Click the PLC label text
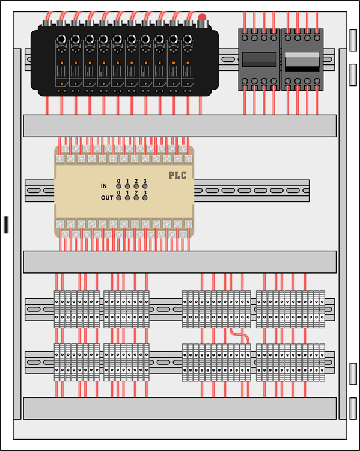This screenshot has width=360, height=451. pos(177,175)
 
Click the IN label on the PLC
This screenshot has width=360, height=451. pos(104,186)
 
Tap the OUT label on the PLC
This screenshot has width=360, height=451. pos(107,198)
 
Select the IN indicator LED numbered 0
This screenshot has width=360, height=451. pos(118,186)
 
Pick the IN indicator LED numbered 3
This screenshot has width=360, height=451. pos(145,186)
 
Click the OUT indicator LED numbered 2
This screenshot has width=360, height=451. pos(136,198)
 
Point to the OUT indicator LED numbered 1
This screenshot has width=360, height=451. pos(127,198)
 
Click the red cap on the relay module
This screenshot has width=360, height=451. pos(202,17)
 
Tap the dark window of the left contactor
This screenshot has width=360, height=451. pos(259,60)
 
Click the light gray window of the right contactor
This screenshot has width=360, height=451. pos(302,60)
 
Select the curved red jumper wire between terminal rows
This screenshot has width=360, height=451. pos(240,336)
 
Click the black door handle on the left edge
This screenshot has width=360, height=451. pos(6,225)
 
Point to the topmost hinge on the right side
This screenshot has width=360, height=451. pos(353,40)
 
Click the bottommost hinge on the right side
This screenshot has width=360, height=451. pos(353,408)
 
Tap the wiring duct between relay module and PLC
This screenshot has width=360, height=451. pos(180,126)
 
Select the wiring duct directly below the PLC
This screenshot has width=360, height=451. pos(180,262)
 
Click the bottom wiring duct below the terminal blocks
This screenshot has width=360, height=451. pos(180,408)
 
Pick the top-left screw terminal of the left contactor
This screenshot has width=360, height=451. pos(245,38)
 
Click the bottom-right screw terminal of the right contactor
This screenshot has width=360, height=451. pos(317,81)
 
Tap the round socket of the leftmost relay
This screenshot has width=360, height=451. pos(61,39)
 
